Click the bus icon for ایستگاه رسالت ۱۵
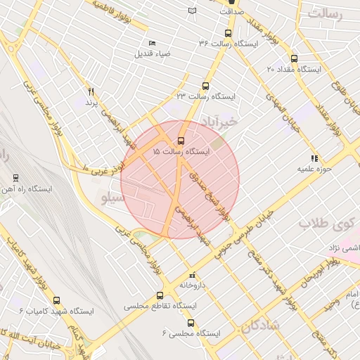coord(182,141)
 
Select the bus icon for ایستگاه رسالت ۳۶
coord(227,33)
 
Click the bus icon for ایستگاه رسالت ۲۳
coord(206,84)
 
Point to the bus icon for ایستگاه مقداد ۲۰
coord(293,59)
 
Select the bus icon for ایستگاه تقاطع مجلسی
coord(160,296)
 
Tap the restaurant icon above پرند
coord(91,91)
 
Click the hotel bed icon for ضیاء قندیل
coord(153,44)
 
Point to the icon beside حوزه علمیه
coord(314,158)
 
